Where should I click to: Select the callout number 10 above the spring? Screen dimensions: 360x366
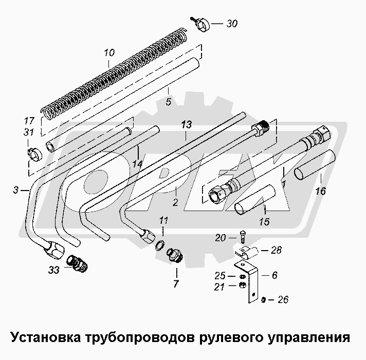coord(109,52)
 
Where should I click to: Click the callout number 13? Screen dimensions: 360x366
coord(186,125)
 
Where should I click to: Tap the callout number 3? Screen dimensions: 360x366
coord(15,191)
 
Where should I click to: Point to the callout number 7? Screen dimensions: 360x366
coord(175,283)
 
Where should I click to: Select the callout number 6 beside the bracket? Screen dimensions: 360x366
coord(274,275)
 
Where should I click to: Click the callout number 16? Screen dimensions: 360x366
coord(320,192)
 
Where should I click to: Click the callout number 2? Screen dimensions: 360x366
coord(175,203)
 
